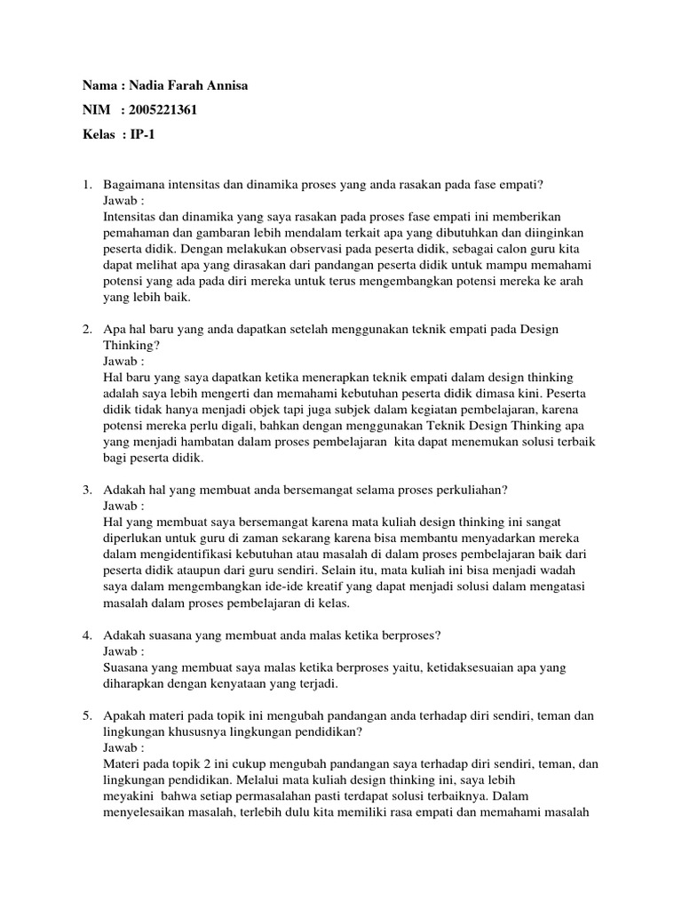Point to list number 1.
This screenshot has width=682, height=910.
pos(87,185)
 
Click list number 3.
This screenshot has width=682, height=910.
pos(87,490)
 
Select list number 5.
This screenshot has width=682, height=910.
pos(87,714)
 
